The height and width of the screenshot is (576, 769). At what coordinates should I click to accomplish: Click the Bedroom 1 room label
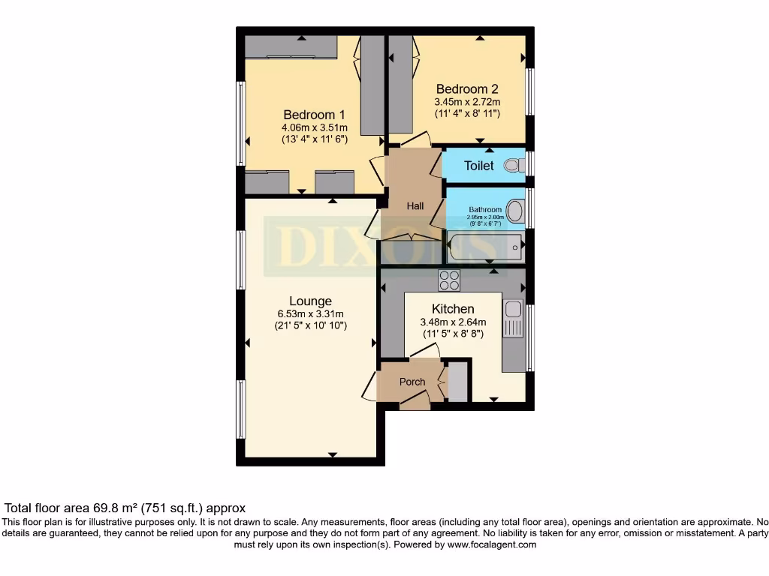click(314, 115)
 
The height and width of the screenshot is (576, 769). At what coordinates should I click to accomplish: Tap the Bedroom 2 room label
click(467, 88)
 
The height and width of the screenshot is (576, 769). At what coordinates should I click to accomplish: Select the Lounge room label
click(310, 301)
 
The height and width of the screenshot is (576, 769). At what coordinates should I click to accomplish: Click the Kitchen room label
click(453, 309)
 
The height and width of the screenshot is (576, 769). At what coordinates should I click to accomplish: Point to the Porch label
click(412, 382)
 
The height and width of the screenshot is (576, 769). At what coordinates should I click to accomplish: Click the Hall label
click(415, 205)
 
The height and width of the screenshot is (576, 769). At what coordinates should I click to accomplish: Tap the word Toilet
click(479, 166)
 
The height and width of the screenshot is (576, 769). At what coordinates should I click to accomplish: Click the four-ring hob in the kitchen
click(449, 280)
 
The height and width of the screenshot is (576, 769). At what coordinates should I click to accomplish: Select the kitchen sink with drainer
click(513, 326)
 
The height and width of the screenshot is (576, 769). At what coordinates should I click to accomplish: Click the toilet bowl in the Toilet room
click(513, 164)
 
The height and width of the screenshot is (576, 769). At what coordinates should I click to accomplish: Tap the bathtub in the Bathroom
click(484, 246)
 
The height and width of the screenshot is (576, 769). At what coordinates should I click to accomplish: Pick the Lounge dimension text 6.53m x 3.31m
click(310, 314)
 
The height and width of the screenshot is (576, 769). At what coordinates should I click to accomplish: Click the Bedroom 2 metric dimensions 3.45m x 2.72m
click(467, 101)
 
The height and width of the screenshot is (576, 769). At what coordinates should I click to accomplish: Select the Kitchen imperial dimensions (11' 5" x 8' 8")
click(453, 334)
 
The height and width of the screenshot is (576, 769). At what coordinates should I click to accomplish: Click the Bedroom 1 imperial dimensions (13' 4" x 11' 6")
click(314, 139)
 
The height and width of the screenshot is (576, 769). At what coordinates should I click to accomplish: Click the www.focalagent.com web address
click(492, 544)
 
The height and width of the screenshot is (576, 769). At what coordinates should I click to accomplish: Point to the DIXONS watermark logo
click(383, 244)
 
